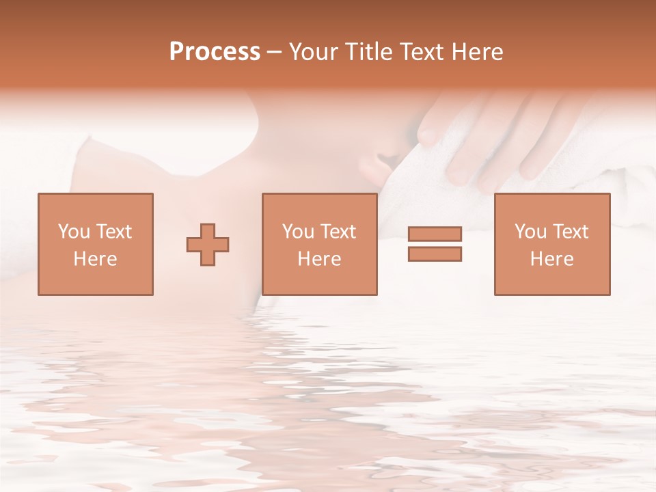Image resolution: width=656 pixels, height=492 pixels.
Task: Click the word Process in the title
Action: (x=215, y=51)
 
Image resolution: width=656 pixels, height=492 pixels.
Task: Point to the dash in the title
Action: (x=275, y=53)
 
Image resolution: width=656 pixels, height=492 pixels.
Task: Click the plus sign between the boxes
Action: (x=208, y=245)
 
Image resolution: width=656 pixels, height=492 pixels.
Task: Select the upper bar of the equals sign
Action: (x=435, y=234)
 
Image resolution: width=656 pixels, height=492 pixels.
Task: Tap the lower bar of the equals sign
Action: (x=435, y=254)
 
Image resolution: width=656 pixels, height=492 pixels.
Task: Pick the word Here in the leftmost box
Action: (x=95, y=259)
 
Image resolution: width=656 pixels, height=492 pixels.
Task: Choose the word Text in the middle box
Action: (x=338, y=232)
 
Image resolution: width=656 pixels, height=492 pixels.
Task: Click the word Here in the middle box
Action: (x=319, y=259)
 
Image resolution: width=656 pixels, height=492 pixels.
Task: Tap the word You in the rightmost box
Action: (x=530, y=232)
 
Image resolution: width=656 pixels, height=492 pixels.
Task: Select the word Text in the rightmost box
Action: (x=570, y=232)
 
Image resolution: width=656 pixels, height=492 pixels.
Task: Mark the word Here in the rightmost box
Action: (x=551, y=259)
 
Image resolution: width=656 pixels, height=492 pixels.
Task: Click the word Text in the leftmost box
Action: (x=113, y=232)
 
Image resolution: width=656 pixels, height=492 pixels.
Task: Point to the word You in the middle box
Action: (x=298, y=232)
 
